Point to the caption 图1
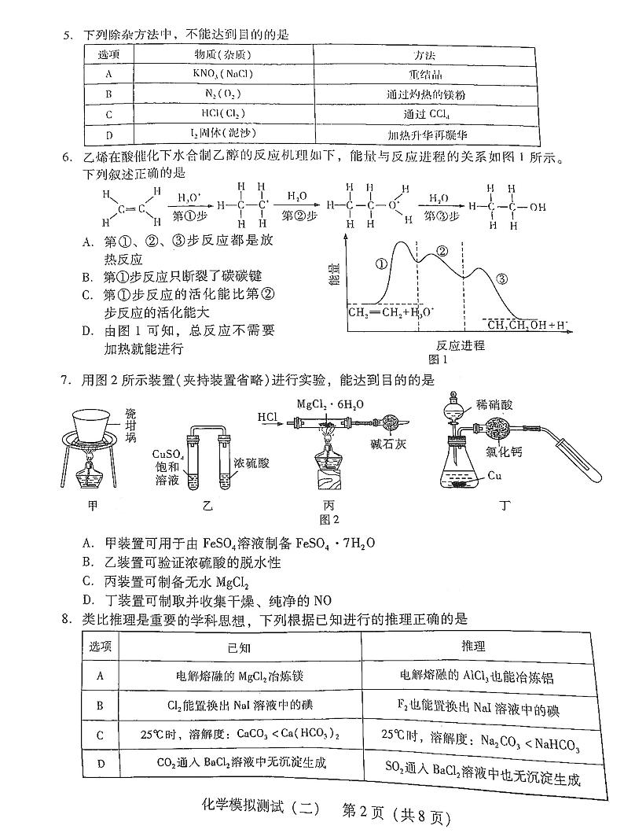point(438,359)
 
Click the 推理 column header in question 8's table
point(475,646)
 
